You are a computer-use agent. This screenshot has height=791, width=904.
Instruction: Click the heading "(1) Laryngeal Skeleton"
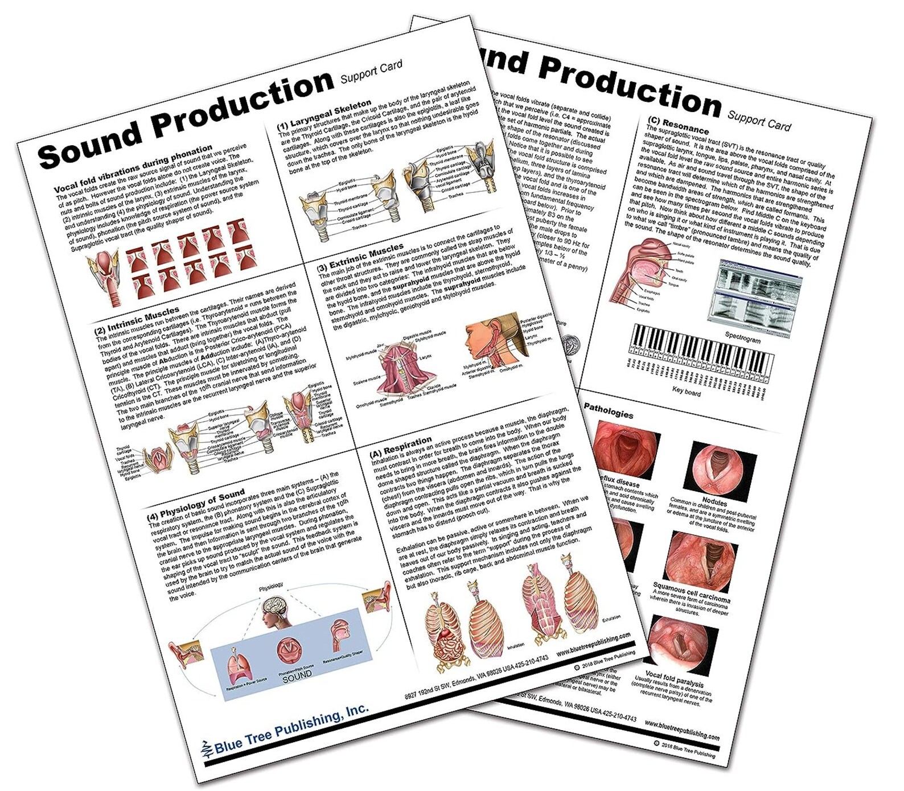click(x=324, y=113)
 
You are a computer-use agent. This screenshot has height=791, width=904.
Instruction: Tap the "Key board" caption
click(x=686, y=392)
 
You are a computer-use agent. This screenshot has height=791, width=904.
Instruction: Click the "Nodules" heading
click(x=714, y=502)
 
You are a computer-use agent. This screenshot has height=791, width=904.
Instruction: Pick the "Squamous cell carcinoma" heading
click(x=691, y=592)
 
